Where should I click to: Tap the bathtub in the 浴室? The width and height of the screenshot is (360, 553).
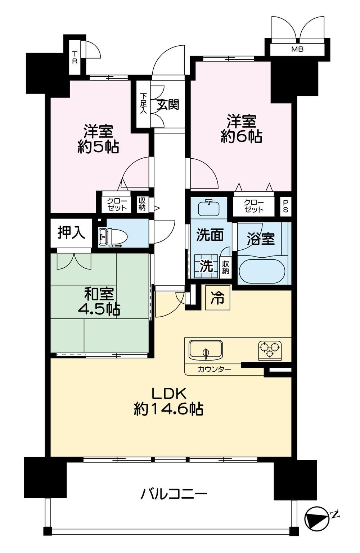tap(262, 271)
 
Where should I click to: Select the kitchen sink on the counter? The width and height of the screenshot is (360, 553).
tap(206, 350)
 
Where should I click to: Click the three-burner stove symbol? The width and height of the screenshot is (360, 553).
tap(270, 349)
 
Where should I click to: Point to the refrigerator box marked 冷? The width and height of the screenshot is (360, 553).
tap(217, 298)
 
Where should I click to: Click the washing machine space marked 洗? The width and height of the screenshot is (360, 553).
tap(206, 266)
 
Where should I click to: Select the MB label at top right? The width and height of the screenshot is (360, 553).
tap(297, 49)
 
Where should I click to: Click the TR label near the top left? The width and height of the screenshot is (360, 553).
tap(75, 58)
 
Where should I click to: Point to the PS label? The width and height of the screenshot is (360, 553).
tap(285, 206)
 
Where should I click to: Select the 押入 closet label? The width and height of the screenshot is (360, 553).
tap(71, 232)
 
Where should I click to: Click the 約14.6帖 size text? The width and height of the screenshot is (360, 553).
tap(168, 409)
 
